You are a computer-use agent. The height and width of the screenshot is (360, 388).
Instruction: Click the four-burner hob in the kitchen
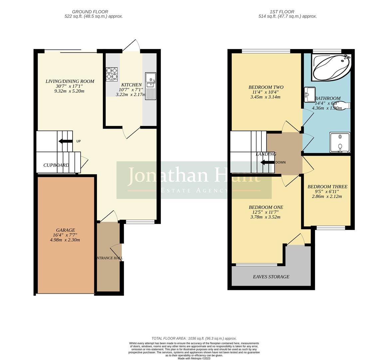[112, 74]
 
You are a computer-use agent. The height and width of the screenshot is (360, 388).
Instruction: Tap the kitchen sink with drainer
[151, 86]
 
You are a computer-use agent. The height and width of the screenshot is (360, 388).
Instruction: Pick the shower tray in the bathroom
[340, 142]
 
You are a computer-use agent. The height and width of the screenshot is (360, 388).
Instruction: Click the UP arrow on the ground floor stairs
[65, 141]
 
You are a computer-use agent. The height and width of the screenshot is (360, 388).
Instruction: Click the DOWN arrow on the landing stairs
[267, 162]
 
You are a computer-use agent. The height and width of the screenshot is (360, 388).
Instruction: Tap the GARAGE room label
[65, 230]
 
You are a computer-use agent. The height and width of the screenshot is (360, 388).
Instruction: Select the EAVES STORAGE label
[271, 277]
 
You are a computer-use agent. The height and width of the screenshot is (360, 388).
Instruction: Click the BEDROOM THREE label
[327, 187]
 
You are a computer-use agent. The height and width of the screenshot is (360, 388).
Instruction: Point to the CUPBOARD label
[56, 165]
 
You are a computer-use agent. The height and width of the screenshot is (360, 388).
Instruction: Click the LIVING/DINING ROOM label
[70, 81]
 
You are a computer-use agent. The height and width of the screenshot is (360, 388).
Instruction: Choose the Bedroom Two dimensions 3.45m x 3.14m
[265, 97]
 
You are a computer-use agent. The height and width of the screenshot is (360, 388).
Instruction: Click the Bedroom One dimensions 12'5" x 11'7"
[265, 212]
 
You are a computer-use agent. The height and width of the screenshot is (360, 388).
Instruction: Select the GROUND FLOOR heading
[94, 12]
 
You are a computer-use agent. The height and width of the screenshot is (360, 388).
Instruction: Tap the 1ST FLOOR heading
[287, 12]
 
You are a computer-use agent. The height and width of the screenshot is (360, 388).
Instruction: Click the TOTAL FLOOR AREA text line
[194, 338]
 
